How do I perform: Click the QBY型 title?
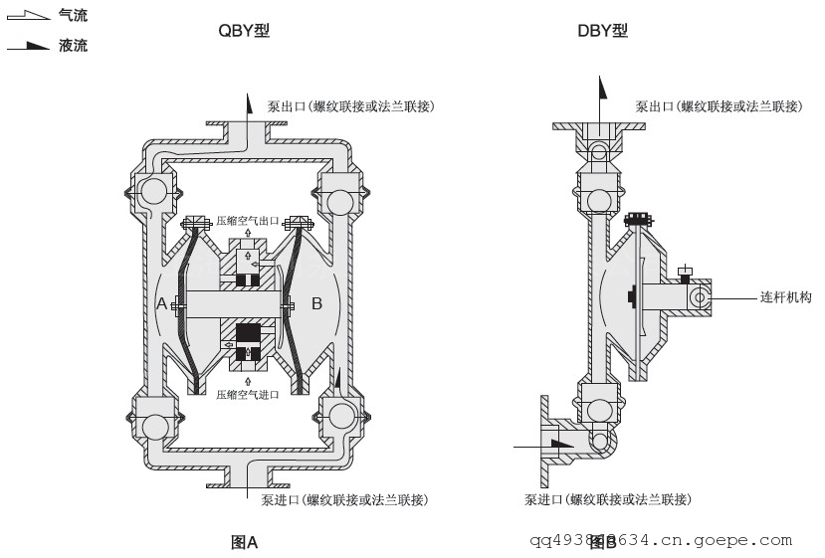(x=244, y=31)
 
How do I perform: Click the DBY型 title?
(x=603, y=31)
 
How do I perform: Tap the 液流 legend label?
(x=73, y=46)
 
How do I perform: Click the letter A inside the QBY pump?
(x=162, y=303)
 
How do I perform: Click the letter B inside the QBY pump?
(x=316, y=303)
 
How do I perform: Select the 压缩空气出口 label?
(x=248, y=220)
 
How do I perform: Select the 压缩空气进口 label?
(x=248, y=394)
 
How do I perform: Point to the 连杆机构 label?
(x=785, y=296)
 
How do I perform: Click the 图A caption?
(x=244, y=542)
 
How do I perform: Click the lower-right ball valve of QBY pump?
(x=337, y=415)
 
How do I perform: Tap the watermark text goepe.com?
(x=745, y=541)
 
